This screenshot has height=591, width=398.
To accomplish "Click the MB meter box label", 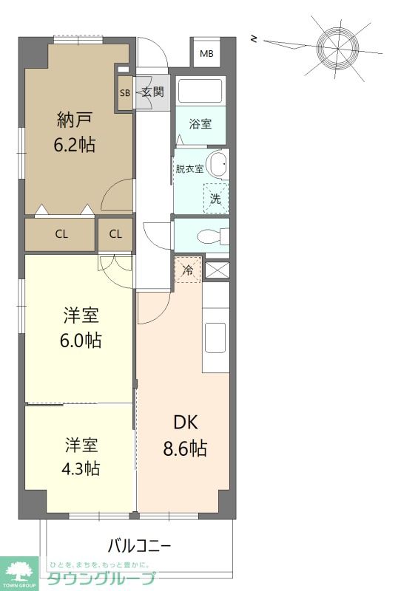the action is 206,53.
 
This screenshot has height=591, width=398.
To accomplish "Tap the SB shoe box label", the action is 124,93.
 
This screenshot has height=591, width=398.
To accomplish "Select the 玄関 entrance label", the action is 153,92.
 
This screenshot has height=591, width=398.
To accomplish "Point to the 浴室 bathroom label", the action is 200,123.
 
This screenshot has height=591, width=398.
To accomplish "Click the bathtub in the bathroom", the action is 200,91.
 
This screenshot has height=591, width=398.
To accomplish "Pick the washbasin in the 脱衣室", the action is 220,163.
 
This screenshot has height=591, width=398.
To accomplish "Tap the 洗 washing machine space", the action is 216,198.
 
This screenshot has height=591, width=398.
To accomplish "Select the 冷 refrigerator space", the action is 188,270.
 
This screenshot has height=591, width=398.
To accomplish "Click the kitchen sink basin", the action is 215,338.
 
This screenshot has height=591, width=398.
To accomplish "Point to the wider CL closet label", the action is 61,234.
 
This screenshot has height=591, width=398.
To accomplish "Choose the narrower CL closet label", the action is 115,234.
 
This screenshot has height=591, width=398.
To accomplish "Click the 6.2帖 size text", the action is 75,145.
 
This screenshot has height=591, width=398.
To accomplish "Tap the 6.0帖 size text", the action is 81,340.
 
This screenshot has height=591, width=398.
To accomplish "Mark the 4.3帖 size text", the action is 81,468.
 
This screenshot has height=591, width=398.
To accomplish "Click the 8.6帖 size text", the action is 185,449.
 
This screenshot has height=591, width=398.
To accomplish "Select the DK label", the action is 186,423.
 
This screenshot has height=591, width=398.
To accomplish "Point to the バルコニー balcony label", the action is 140,545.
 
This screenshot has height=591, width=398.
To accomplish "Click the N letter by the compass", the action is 254,38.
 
